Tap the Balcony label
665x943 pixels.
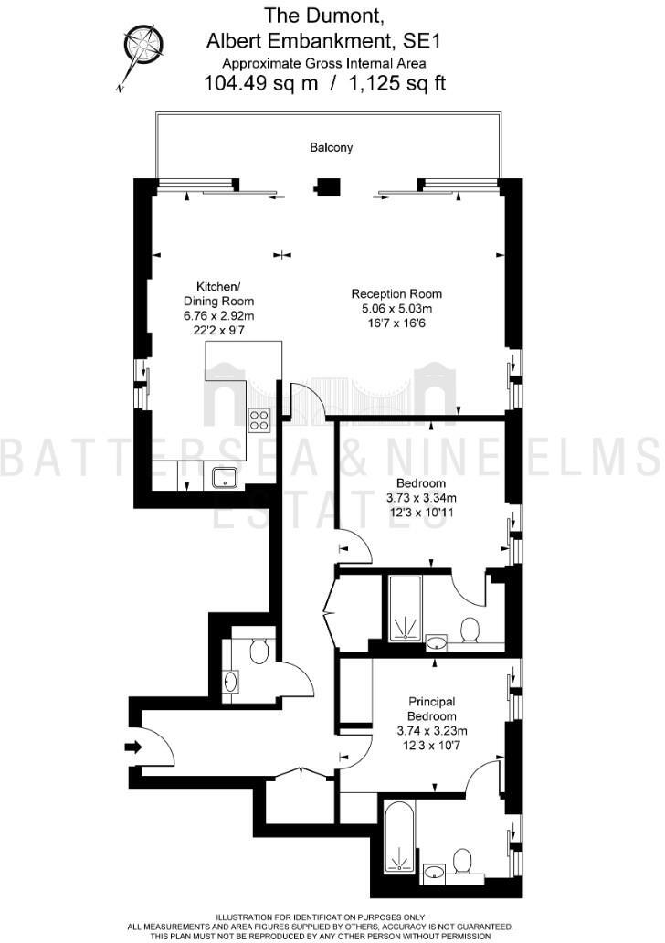click(x=331, y=147)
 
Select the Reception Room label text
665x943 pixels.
click(x=396, y=294)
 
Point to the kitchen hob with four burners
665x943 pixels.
click(x=259, y=419)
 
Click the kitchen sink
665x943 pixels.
click(x=225, y=476)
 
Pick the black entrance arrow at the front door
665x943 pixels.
click(x=133, y=747)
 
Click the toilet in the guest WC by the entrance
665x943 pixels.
click(x=258, y=650)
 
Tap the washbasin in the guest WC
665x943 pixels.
click(x=231, y=682)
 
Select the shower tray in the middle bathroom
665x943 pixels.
click(x=404, y=609)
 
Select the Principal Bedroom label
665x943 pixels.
click(x=431, y=709)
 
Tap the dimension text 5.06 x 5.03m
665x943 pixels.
click(x=396, y=309)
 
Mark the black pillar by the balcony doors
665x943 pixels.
click(x=326, y=189)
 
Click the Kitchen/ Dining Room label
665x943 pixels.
click(x=218, y=292)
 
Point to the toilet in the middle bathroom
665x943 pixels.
click(x=471, y=630)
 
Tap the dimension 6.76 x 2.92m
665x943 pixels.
click(x=218, y=316)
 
